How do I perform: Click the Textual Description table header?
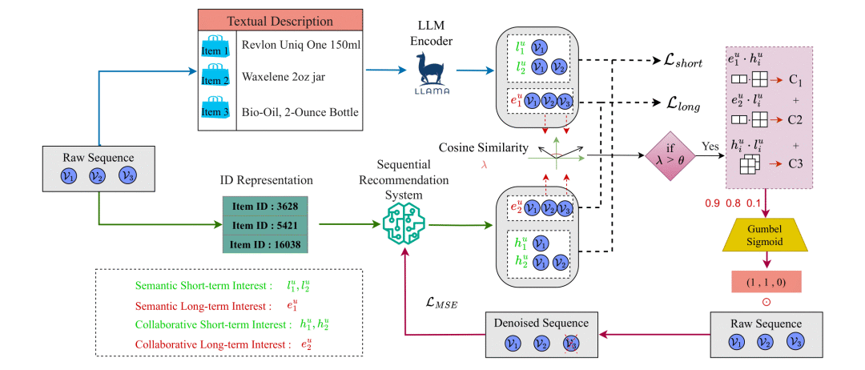tap(280, 22)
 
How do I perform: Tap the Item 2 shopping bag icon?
tap(215, 75)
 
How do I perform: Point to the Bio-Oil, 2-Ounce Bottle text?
tap(300, 112)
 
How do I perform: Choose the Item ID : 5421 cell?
tap(265, 226)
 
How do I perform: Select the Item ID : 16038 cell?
tap(265, 244)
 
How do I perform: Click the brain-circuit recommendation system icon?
tap(404, 226)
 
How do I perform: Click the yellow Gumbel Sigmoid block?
tap(765, 234)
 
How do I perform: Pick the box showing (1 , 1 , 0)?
tap(766, 282)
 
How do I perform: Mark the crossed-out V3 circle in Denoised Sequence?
tap(570, 344)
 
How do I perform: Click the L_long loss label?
tap(683, 104)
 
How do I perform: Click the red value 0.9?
tap(713, 204)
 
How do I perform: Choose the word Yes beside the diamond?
tap(710, 147)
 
